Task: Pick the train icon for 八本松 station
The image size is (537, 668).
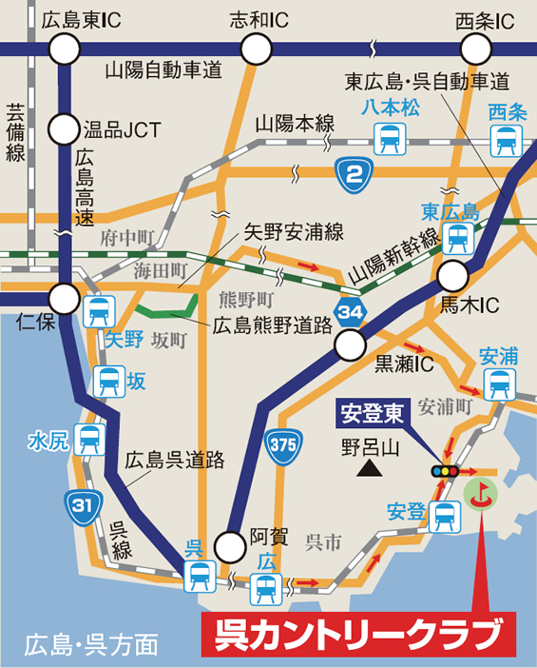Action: pyautogui.click(x=389, y=140)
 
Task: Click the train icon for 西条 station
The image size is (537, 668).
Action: pyautogui.click(x=504, y=140)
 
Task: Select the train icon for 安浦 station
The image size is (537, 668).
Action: pyautogui.click(x=497, y=383)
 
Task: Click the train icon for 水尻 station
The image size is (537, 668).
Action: pyautogui.click(x=90, y=440)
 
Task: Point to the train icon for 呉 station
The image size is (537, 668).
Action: pyautogui.click(x=200, y=574)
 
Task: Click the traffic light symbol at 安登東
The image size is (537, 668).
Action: pyautogui.click(x=444, y=472)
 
